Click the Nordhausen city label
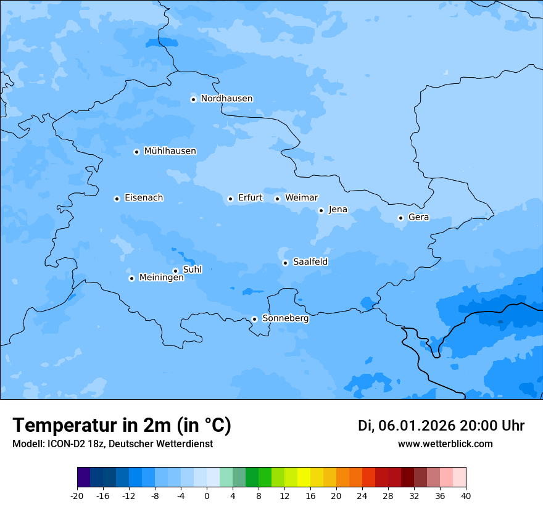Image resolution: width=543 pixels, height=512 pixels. coord(226,99)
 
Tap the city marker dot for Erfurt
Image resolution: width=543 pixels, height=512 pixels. coord(230,199)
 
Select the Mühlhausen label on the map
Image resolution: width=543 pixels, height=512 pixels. coord(170,151)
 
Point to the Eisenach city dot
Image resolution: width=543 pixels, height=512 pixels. coord(117,199)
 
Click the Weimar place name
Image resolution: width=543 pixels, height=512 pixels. coord(301,198)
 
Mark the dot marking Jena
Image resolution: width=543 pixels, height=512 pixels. coord(321,210)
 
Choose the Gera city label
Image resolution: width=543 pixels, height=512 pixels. coord(418,217)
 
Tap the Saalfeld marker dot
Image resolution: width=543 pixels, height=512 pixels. coord(285,263)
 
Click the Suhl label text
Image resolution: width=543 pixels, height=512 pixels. coord(193,270)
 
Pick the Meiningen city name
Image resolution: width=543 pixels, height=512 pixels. coord(161,278)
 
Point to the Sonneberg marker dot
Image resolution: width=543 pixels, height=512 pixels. coord(254,319)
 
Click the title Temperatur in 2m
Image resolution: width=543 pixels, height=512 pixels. coord(122,426)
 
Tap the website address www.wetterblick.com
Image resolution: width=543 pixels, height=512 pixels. coord(445,444)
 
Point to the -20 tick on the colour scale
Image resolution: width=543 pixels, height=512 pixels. coord(77,496)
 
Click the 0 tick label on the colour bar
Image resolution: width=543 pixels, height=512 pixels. coord(207,496)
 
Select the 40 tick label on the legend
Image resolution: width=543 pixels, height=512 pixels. coord(466,496)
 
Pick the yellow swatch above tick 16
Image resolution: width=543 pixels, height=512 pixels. coord(304,477)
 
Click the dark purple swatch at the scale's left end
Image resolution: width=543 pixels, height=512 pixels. coord(83,477)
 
